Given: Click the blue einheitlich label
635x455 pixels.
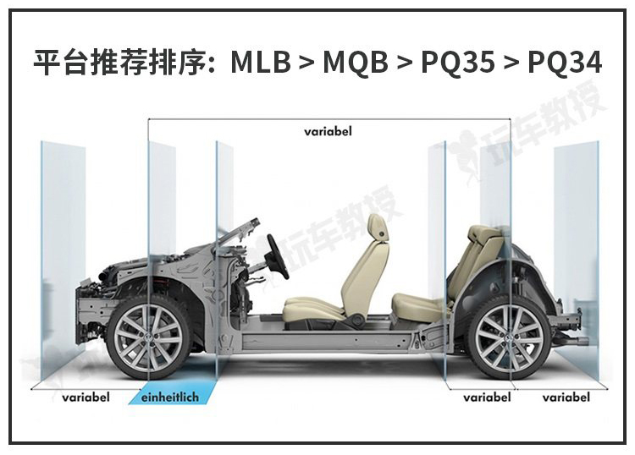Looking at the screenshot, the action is coord(170,397).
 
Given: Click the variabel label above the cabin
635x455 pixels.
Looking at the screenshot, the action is coord(328,131).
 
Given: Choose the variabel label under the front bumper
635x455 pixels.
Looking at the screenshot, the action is coord(86,397).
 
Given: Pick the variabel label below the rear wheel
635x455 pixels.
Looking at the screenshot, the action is coord(487,397).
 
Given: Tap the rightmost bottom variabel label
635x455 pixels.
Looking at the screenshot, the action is coord(566,397).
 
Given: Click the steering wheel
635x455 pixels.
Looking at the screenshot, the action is coord(279,257).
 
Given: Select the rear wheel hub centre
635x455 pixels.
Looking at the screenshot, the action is coord(509,337).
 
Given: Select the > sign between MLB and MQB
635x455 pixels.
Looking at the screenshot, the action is coord(307,63).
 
